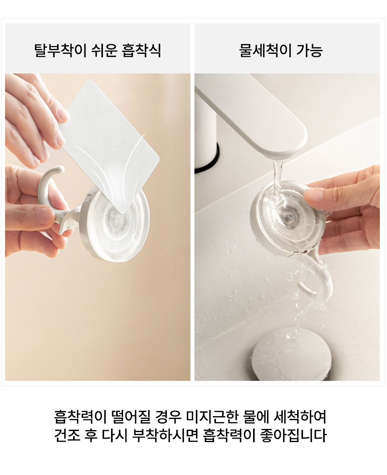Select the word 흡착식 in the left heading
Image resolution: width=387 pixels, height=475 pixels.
coord(142,51)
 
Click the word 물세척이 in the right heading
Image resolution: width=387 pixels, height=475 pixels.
coord(265,51)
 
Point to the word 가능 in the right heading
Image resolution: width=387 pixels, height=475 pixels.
coord(310,51)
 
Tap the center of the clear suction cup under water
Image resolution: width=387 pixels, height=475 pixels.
coord(288,215)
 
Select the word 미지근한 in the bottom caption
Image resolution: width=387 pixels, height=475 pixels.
coord(212,417)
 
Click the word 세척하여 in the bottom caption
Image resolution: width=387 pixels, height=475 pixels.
coord(300,417)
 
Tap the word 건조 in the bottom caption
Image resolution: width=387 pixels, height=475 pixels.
coord(67,435)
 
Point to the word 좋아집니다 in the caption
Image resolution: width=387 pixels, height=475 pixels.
coord(293,435)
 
